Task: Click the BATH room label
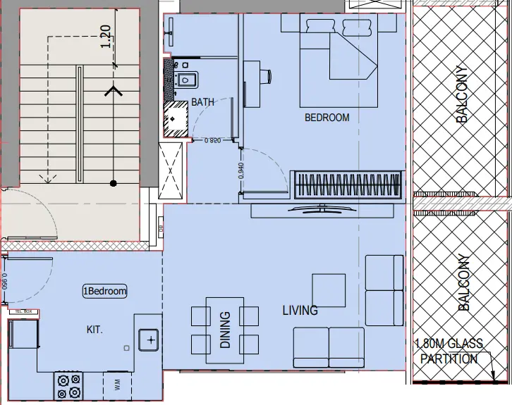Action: [202, 102]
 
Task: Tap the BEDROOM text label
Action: [327, 118]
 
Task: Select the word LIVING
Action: [300, 310]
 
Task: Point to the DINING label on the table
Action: [225, 330]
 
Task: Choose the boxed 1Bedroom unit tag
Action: [105, 291]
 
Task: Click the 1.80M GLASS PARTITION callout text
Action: [449, 351]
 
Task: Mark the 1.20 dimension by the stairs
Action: [106, 36]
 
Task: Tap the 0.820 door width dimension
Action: [213, 141]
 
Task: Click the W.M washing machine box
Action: [117, 385]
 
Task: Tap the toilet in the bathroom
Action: [185, 79]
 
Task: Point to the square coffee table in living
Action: [328, 290]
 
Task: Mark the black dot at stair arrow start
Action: [112, 183]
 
